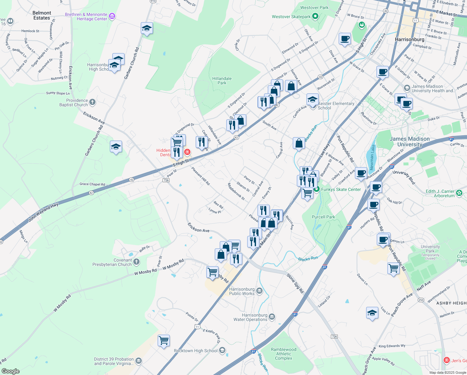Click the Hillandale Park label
point(222,81)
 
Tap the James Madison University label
point(410,142)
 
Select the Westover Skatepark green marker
point(315,16)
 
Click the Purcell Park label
point(323,217)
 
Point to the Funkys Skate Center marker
point(317,189)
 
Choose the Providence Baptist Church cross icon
point(92,102)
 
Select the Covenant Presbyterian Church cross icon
point(136,262)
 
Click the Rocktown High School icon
point(222,350)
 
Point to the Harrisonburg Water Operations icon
point(272,317)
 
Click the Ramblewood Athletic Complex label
point(283,354)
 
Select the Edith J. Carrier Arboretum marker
point(459,193)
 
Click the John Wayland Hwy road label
point(43,212)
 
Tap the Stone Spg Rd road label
point(295,283)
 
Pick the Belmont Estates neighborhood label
point(42,15)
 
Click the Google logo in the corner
point(10,371)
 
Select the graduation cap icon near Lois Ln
point(372,313)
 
